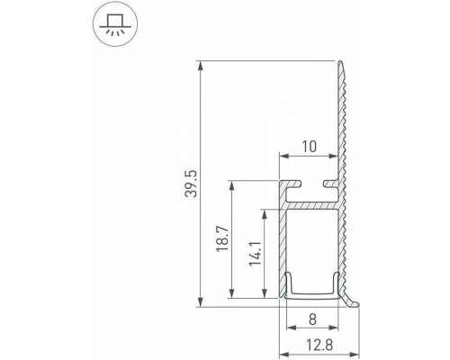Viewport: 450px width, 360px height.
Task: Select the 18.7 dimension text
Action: click(x=224, y=240)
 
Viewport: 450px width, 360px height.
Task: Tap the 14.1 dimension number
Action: click(x=255, y=255)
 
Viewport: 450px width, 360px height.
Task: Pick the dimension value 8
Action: click(x=311, y=317)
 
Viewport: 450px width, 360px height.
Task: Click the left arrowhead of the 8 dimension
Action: click(x=289, y=305)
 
